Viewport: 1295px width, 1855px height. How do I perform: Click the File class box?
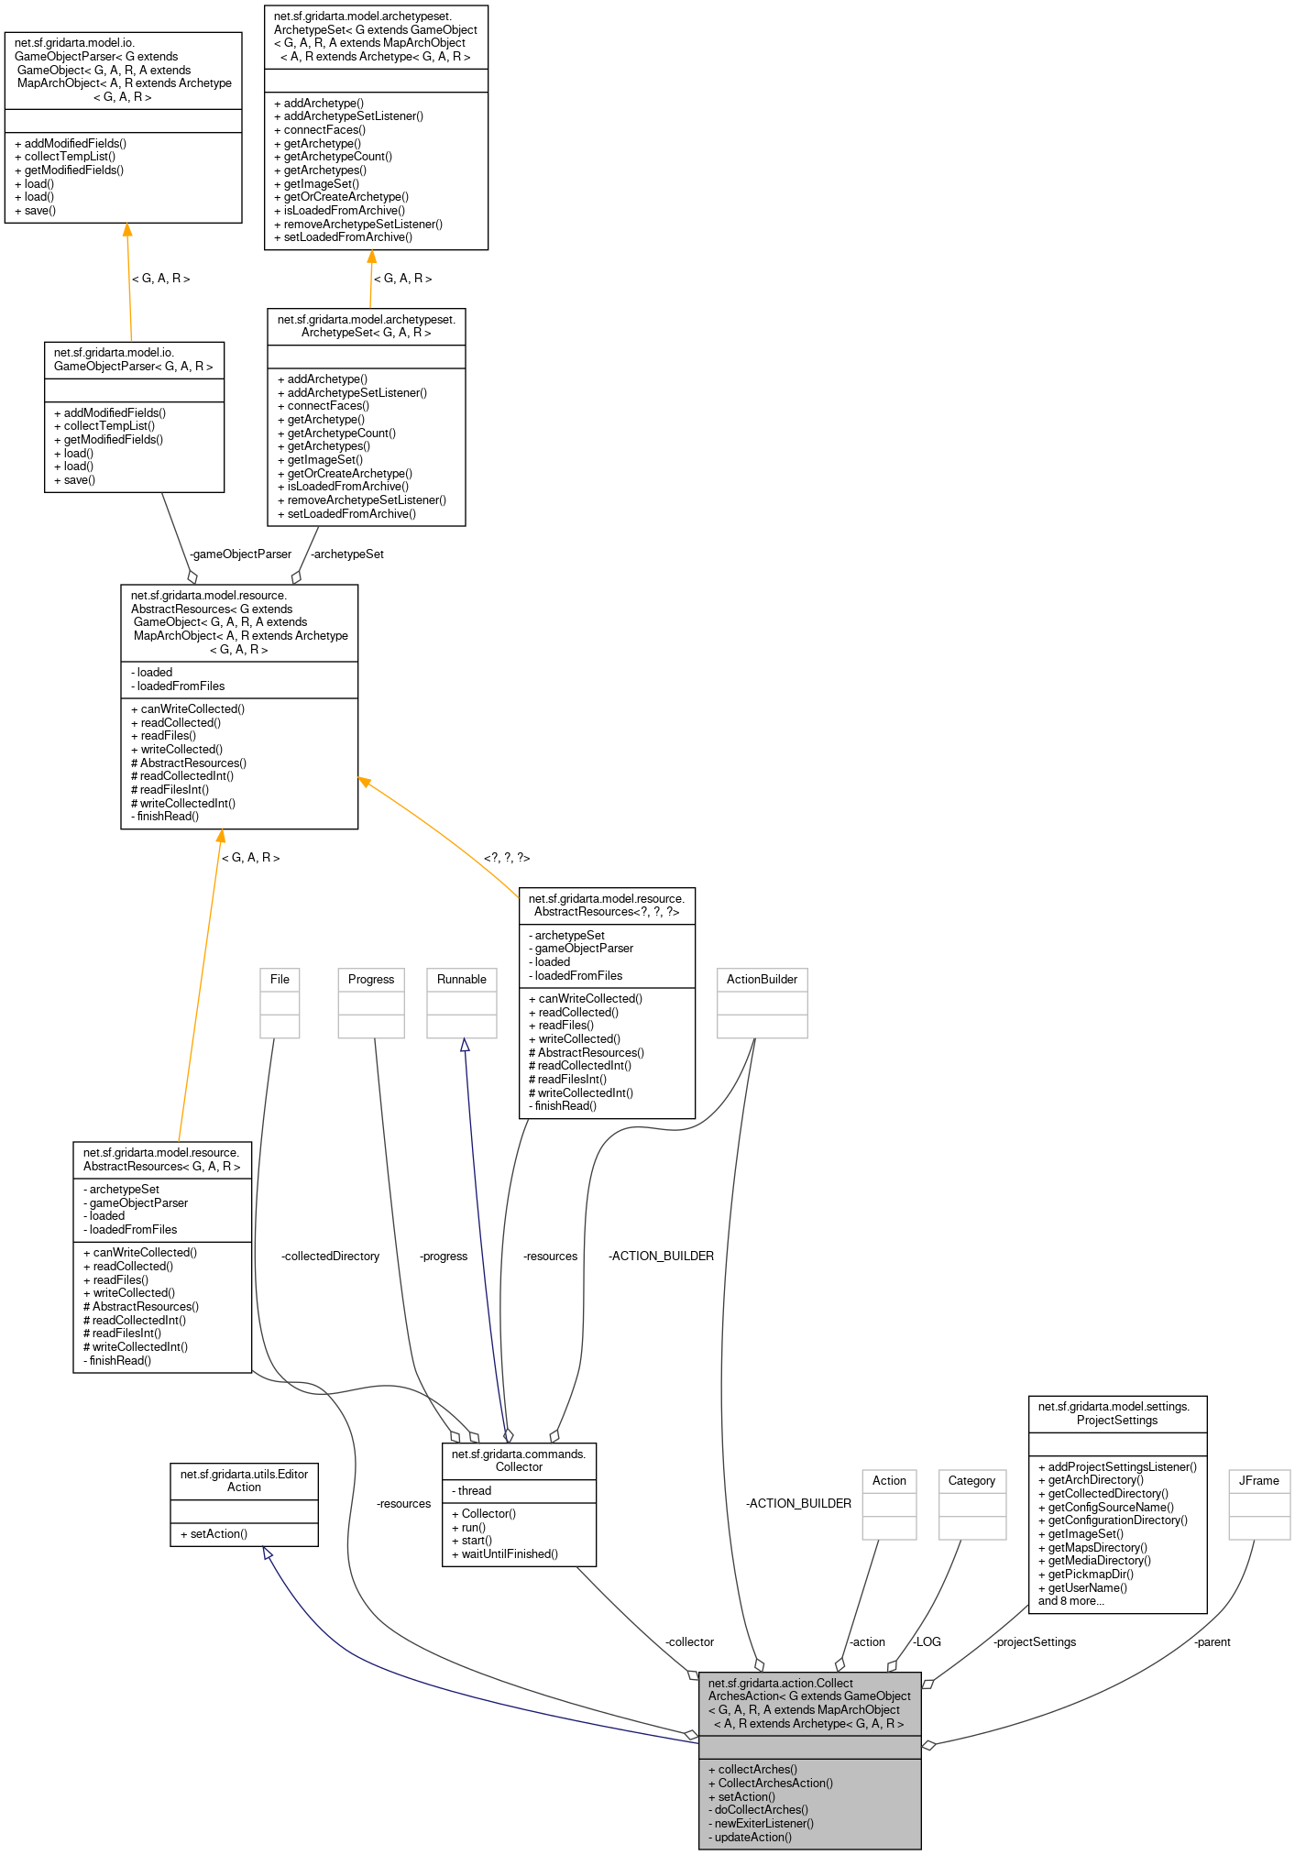click(x=280, y=1003)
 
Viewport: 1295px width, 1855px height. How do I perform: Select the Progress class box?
click(x=371, y=1003)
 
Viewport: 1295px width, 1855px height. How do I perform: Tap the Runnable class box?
click(x=462, y=1003)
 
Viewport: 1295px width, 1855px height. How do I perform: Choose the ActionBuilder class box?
click(x=762, y=1003)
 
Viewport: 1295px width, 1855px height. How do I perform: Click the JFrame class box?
click(x=1259, y=1504)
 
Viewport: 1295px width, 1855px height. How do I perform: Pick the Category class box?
click(x=971, y=1504)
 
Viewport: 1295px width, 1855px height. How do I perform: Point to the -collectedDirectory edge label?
click(x=330, y=1256)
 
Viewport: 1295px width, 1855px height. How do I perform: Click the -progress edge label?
click(x=444, y=1256)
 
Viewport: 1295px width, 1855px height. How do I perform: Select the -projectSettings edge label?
click(x=1035, y=1641)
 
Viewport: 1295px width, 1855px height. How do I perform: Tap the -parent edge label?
click(x=1212, y=1641)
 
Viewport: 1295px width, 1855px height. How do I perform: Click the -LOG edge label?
click(x=927, y=1641)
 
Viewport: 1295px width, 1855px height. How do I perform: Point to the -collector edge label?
click(x=689, y=1641)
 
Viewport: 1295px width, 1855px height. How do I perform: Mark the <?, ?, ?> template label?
click(x=507, y=858)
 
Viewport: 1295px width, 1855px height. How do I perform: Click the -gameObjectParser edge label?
click(x=240, y=554)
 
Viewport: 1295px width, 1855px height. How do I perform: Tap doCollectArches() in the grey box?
click(x=758, y=1809)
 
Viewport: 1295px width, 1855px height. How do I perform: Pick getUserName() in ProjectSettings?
click(x=1082, y=1587)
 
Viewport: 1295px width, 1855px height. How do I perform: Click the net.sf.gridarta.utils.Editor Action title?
click(x=244, y=1480)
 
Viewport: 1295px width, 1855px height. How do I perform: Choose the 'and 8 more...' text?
click(x=1070, y=1601)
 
